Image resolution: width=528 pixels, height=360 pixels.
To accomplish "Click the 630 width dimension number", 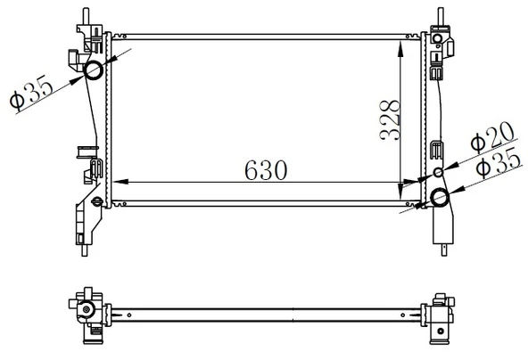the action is pos(266,170).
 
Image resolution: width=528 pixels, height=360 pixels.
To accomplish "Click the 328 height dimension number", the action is pos(390,120).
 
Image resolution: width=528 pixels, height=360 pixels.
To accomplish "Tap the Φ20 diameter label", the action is pos(492,136).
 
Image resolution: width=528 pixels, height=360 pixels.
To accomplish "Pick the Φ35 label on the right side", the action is pos(499,162).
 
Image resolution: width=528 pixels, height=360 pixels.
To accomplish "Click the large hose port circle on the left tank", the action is pos(93,70).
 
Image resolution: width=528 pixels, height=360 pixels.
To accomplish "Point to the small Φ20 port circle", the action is pos(438,172).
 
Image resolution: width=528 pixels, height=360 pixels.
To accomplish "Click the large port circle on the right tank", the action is pos(440,197).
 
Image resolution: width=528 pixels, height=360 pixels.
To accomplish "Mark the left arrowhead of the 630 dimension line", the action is pos(120,182).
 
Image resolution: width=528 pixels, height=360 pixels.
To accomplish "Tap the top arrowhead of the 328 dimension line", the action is pos(400,48).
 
